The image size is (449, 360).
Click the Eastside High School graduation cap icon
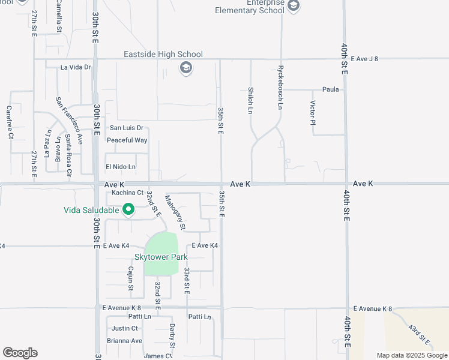186,67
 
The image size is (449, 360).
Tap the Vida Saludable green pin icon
128,209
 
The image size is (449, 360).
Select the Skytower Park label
161,257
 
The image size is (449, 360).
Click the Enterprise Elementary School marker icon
294,6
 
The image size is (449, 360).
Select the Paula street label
331,89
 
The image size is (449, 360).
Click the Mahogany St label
174,212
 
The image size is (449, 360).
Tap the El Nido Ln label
121,166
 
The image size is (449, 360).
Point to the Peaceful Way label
127,140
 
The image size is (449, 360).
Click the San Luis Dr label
126,128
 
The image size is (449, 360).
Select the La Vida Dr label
75,67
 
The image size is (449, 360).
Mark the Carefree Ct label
10,122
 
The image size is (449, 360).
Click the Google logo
20,353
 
